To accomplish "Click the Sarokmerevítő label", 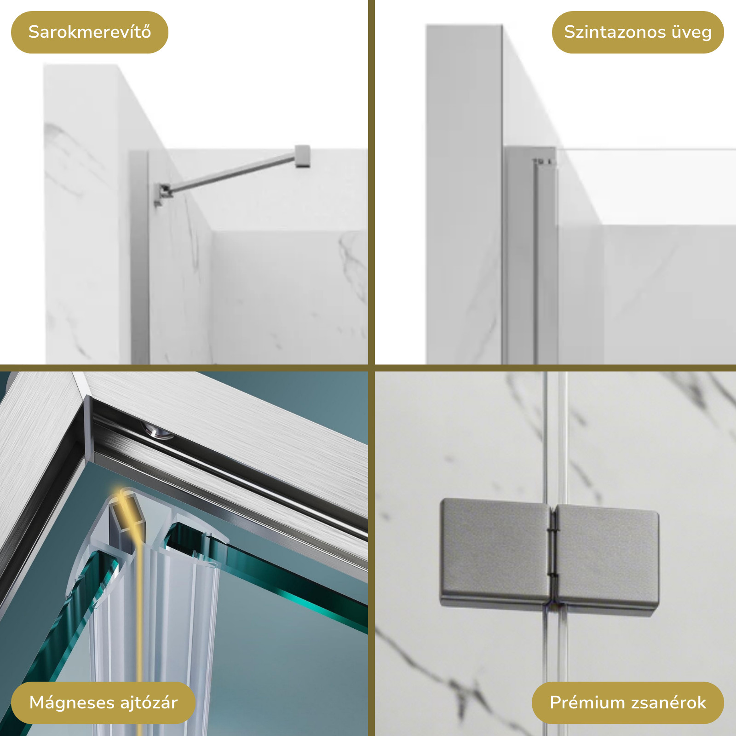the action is (x=90, y=32).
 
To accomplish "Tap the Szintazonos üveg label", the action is (x=638, y=32).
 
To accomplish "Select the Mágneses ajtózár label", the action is (x=103, y=702).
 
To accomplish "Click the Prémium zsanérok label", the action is (x=628, y=702).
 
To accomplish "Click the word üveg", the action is (x=691, y=32).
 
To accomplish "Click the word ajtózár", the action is (x=149, y=703).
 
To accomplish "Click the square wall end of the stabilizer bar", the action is (x=302, y=156).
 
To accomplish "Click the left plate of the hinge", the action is (x=496, y=552).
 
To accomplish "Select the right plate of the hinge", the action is (x=607, y=559).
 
